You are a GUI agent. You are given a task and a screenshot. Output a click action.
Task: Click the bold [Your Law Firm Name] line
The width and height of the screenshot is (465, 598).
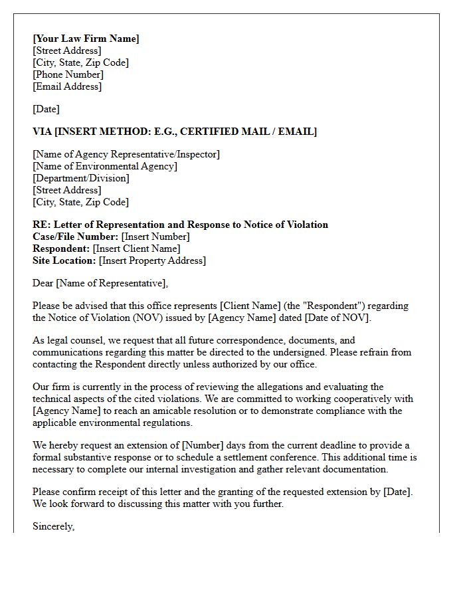[x=86, y=39]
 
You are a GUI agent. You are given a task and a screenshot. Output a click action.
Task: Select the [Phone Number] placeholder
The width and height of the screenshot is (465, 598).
[x=68, y=74]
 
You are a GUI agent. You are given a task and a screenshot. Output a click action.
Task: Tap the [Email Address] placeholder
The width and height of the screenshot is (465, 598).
[x=67, y=86]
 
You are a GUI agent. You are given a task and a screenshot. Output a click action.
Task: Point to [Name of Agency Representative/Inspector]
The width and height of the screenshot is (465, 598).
[x=126, y=154]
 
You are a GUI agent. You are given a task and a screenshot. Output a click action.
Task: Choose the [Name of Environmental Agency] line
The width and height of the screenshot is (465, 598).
[x=105, y=166]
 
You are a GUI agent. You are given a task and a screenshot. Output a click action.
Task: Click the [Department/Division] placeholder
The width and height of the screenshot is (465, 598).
[x=81, y=178]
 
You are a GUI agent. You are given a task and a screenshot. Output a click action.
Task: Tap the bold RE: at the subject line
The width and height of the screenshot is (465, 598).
[x=41, y=225]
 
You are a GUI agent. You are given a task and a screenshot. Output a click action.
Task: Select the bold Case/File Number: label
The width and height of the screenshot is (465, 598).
[x=75, y=237]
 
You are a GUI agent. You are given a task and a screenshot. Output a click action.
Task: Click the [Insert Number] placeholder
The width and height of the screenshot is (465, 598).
[x=155, y=237]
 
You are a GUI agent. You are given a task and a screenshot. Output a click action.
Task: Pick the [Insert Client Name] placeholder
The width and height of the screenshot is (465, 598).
[x=136, y=249]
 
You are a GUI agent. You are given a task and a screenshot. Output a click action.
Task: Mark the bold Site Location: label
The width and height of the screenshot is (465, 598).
[x=64, y=260]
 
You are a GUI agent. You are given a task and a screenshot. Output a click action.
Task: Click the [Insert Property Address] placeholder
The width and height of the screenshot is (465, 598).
[x=153, y=260]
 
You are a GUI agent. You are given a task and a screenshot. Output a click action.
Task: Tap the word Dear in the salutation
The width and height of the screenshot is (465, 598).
[x=43, y=283]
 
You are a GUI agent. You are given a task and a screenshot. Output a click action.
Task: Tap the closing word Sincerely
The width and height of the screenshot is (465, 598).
[x=53, y=526]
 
